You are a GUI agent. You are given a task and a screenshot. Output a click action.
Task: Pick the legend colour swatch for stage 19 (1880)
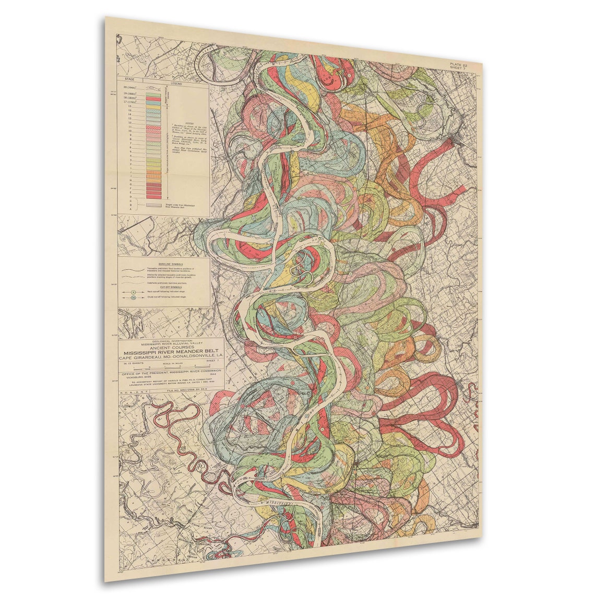click(153, 93)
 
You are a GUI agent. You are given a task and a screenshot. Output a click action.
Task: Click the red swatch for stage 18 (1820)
click(153, 98)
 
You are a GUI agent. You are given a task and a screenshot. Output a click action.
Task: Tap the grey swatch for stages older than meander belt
click(153, 205)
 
